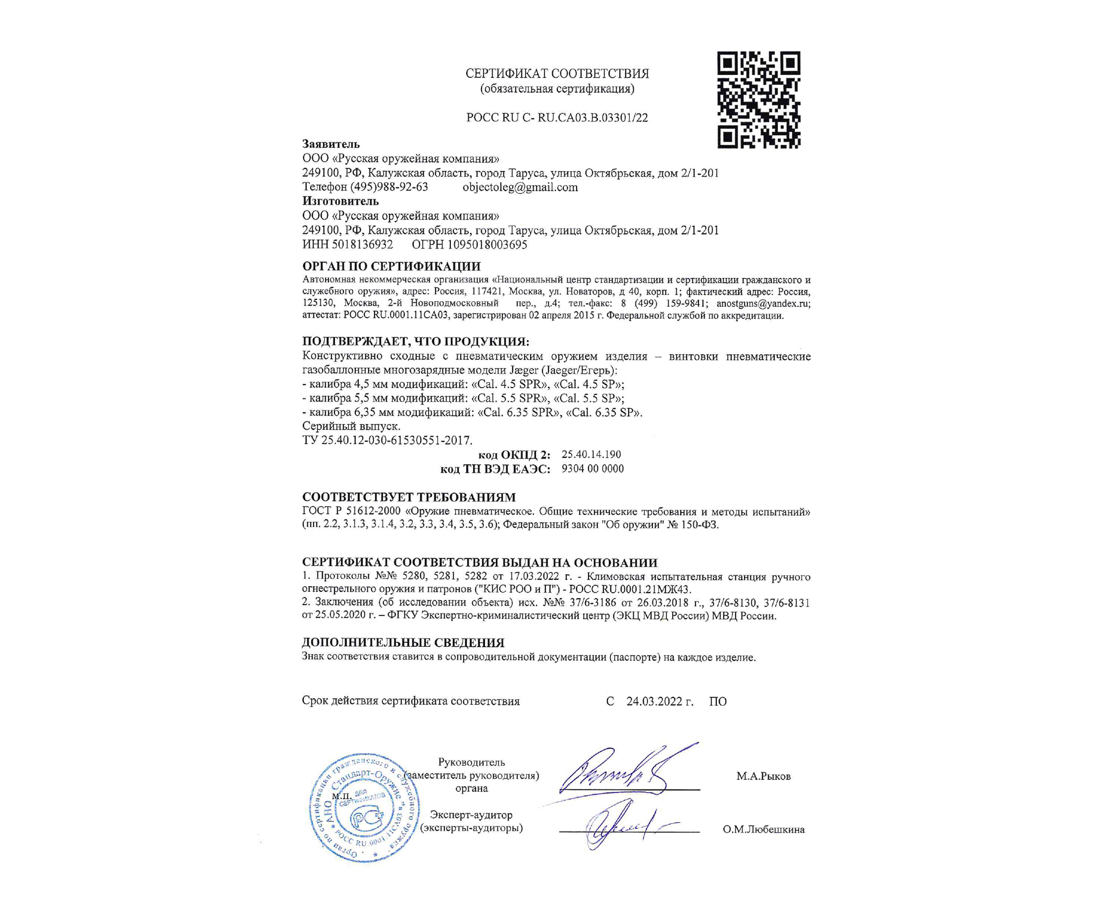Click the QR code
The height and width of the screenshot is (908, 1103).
pos(758,100)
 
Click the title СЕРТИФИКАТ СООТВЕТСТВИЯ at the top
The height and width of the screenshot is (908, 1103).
pos(557,74)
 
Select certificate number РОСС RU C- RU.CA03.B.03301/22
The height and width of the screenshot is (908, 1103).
pos(557,118)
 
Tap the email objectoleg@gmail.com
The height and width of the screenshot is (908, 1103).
pos(520,187)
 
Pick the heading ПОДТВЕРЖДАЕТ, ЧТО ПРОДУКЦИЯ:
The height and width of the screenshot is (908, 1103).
pos(416,342)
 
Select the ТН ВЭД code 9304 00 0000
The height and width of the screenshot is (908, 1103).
pos(592,469)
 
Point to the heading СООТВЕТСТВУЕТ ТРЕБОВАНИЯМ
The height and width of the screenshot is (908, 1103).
pos(409,497)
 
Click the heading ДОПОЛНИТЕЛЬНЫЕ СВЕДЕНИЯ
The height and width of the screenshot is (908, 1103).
pos(403,643)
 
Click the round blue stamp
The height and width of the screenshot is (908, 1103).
pos(364,808)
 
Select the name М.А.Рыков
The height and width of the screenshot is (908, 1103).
pos(763,776)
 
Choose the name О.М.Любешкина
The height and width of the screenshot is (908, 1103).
pos(764,829)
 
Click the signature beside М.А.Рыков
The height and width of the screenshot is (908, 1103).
pos(622,769)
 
